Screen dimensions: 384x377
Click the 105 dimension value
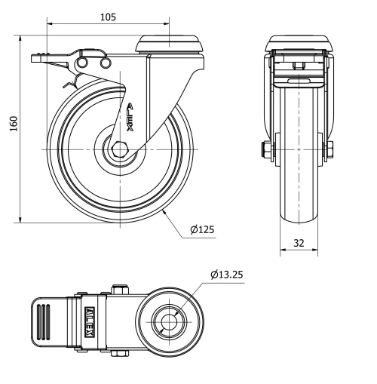point(107,17)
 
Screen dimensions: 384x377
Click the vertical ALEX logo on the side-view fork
point(130,118)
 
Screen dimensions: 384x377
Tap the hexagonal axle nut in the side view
point(118,149)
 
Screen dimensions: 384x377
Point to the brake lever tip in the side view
point(37,57)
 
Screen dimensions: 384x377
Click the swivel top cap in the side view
point(170,44)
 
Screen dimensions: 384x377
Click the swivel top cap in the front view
point(300,44)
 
